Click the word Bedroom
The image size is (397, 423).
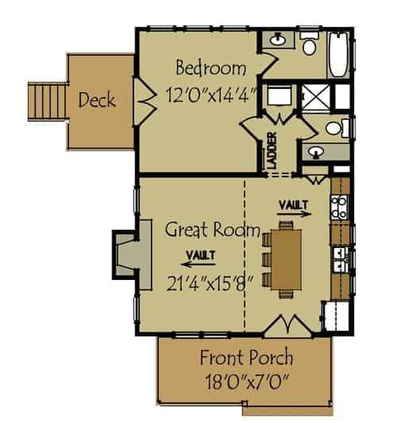[x=211, y=68]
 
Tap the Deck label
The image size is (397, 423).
[x=97, y=99]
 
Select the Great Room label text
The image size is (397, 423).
[x=213, y=230]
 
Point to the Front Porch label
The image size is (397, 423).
[x=246, y=358]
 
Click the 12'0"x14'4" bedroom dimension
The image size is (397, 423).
[x=210, y=95]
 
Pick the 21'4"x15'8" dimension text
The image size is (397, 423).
[x=210, y=283]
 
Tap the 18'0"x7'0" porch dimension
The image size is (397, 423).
[x=247, y=382]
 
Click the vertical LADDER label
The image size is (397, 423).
[x=272, y=151]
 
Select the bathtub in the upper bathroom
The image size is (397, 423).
[x=338, y=55]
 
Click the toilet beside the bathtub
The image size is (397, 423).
[x=310, y=44]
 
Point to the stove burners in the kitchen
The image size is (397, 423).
[x=339, y=208]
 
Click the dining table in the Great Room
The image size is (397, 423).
[x=286, y=259]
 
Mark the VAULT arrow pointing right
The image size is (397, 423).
[x=294, y=214]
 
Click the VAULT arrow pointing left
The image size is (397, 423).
[x=198, y=264]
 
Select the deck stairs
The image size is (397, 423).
[x=48, y=102]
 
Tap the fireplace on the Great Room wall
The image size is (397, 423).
[x=132, y=255]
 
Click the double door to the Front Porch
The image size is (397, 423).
[x=288, y=326]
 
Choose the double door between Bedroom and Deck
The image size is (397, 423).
[x=145, y=102]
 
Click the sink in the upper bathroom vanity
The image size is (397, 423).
[x=277, y=41]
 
